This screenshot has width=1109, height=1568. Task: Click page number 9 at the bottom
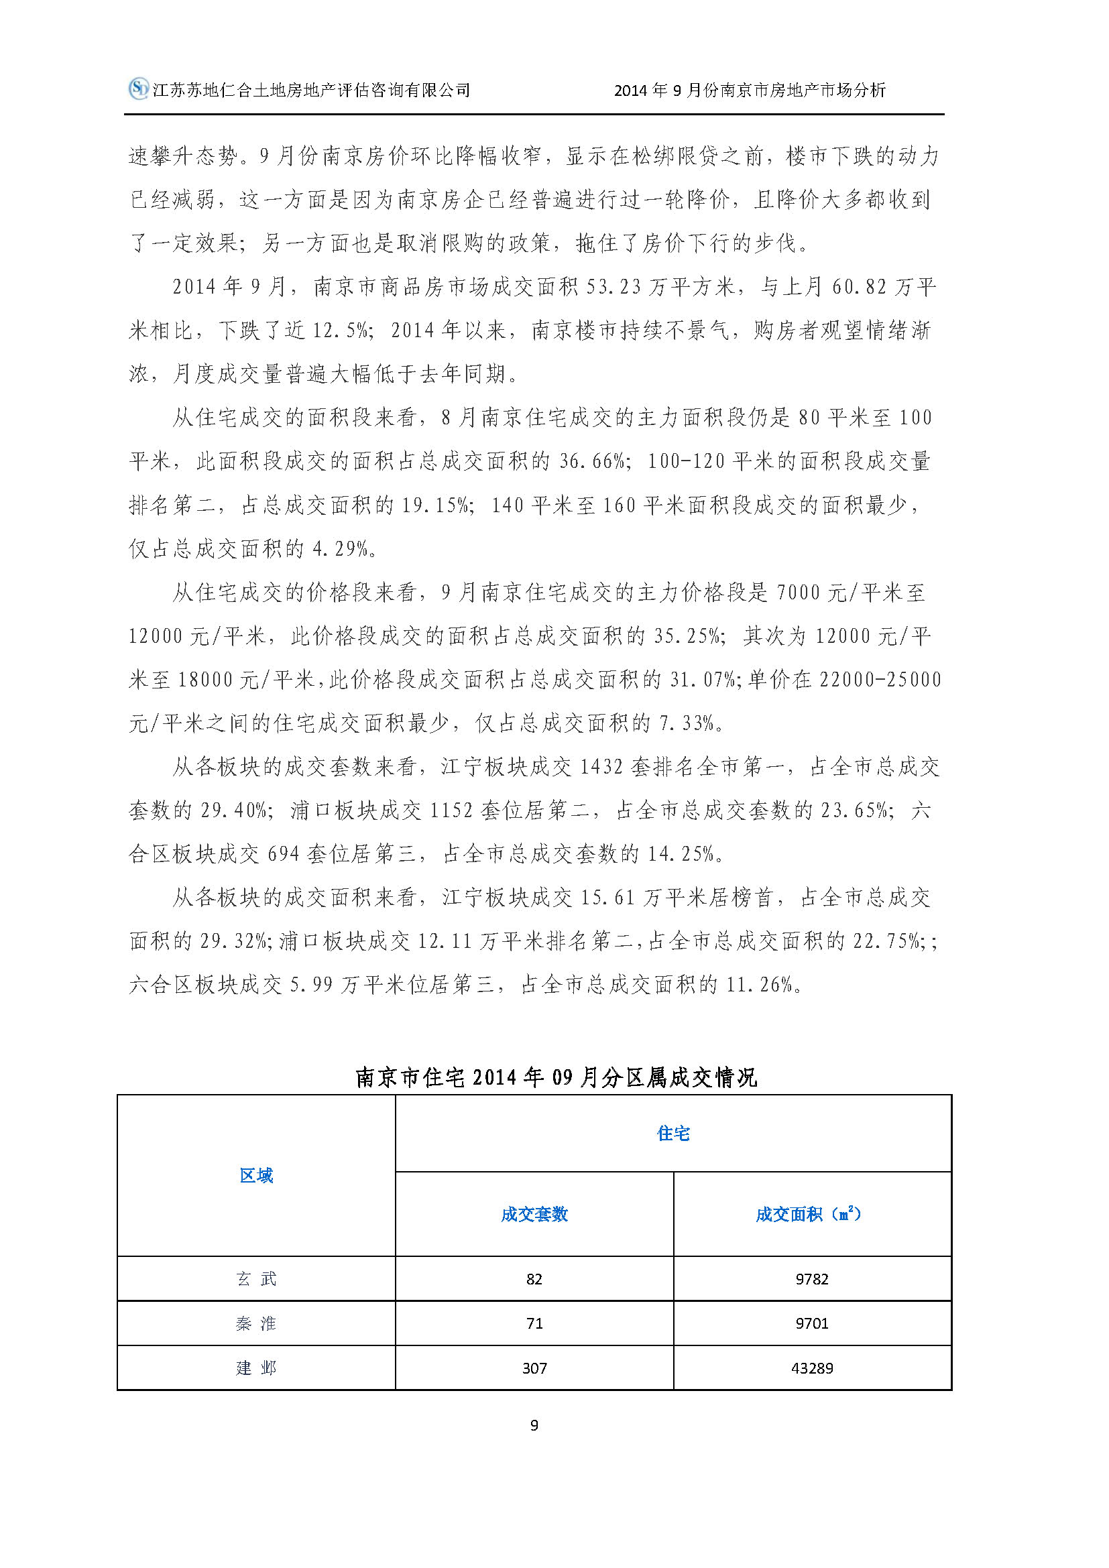click(534, 1425)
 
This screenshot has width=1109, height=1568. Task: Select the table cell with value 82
click(534, 1279)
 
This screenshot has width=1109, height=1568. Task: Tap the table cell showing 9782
click(812, 1279)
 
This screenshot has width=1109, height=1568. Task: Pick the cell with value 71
click(534, 1323)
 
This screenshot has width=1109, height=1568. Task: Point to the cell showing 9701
click(812, 1323)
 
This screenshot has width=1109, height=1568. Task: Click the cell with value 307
click(534, 1368)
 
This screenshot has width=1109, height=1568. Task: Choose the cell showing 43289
click(812, 1368)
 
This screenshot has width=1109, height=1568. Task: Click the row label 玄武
click(256, 1279)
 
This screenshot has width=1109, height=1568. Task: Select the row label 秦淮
click(256, 1323)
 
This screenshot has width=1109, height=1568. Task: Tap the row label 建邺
click(256, 1368)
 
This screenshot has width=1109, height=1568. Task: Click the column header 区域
click(256, 1175)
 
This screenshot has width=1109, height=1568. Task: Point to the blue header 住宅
click(673, 1134)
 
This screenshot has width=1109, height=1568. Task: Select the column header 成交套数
click(534, 1214)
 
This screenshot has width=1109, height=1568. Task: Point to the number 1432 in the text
click(601, 767)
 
